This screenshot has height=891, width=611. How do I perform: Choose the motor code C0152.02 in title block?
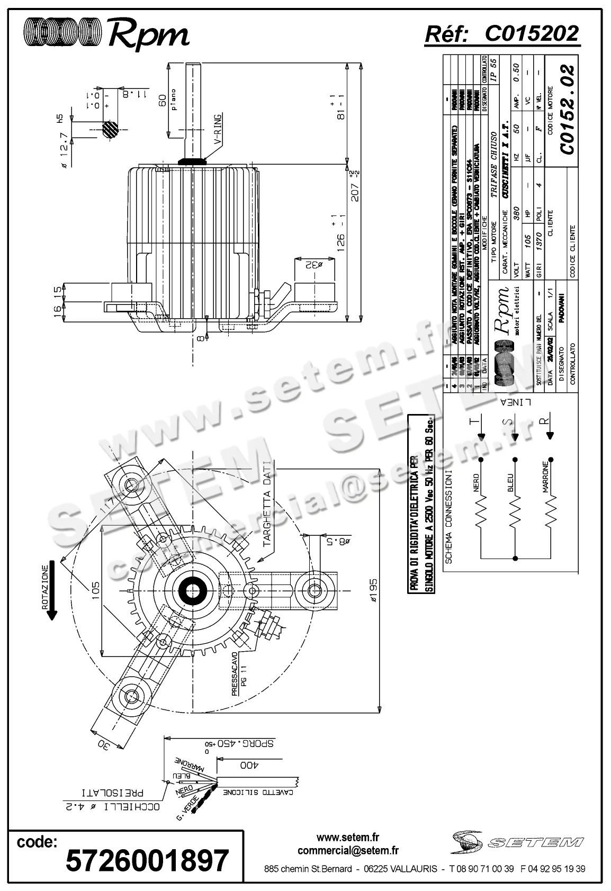coord(568,110)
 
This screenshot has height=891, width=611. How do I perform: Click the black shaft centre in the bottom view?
coord(191,591)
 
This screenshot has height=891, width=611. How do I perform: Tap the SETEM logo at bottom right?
coord(517,842)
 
